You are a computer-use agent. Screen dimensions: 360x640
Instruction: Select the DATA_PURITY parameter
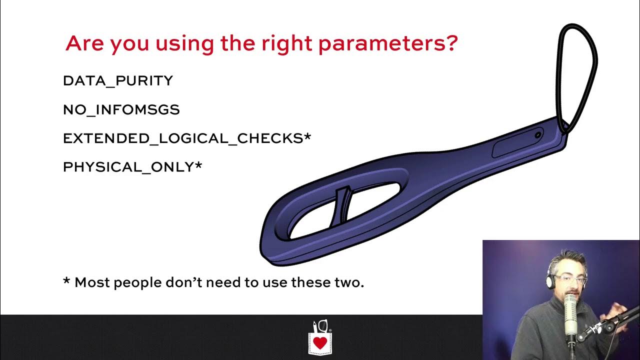click(118, 81)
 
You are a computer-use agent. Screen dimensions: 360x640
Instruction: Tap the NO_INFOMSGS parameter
click(121, 109)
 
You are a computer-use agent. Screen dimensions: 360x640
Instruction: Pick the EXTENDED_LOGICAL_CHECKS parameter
click(183, 138)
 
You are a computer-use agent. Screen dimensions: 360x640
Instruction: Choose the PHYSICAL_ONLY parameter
click(128, 167)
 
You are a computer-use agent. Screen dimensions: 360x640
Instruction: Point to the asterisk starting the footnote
click(66, 281)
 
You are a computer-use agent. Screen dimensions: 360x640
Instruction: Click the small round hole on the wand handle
click(538, 135)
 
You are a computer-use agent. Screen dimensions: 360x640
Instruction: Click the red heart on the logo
click(320, 343)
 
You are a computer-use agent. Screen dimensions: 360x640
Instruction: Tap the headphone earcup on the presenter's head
click(550, 281)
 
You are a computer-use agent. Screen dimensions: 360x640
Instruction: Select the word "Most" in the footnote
click(92, 282)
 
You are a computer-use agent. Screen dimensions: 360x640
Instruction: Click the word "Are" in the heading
click(85, 44)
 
